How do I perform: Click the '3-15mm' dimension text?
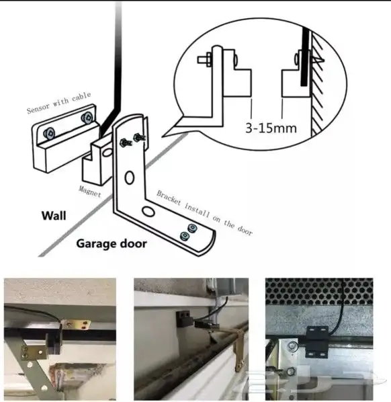(x=271, y=128)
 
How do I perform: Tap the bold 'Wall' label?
(x=54, y=216)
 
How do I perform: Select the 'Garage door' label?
(x=112, y=243)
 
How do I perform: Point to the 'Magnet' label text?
(x=89, y=191)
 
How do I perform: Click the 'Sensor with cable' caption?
(x=59, y=102)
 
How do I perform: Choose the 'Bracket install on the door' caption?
(x=204, y=212)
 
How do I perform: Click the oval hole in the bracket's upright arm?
(x=130, y=177)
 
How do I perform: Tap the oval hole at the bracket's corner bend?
(x=148, y=211)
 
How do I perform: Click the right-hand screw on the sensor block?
(x=87, y=118)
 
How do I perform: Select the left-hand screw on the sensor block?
(x=49, y=134)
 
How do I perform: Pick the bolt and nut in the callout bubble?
(x=204, y=60)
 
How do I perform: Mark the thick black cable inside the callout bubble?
(x=304, y=56)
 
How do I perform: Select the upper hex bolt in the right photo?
(x=291, y=346)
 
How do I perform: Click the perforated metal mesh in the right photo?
(x=319, y=292)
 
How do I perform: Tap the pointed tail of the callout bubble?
(x=163, y=136)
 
